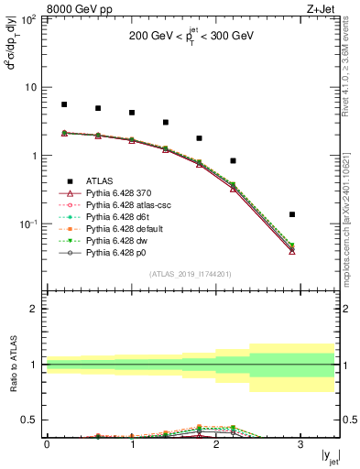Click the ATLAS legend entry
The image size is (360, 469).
pos(103,181)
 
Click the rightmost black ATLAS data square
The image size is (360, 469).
pos(292,214)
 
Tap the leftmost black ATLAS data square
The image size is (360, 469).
pos(64,104)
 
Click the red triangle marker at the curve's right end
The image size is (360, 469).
pos(292,250)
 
